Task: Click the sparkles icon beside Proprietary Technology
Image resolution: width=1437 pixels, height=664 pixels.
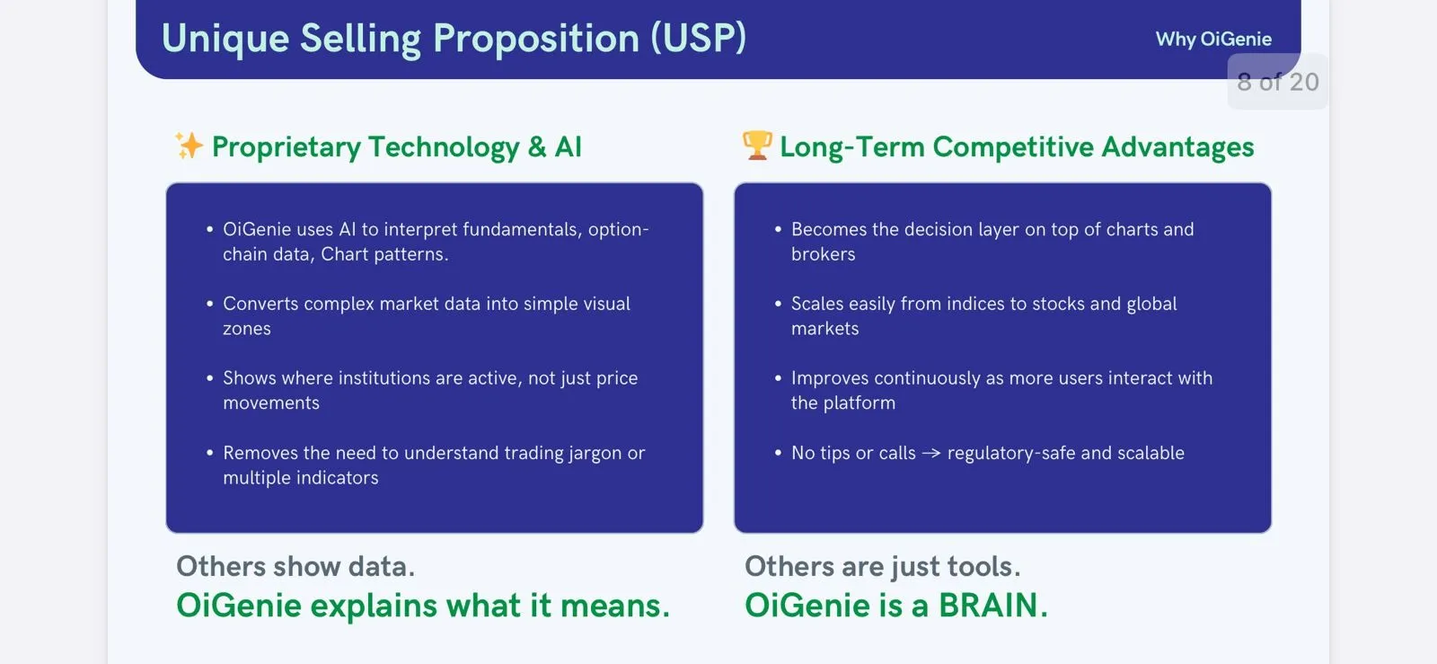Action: coord(189,146)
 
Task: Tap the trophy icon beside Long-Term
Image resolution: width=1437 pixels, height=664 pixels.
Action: coord(757,145)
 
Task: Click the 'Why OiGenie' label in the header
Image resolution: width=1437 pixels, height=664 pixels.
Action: coord(1213,40)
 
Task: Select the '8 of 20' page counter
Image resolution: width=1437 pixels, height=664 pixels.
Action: coord(1277,83)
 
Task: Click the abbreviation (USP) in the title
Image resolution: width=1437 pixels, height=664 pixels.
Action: coord(698,39)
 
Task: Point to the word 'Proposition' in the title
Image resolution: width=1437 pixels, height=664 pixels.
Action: coord(536,39)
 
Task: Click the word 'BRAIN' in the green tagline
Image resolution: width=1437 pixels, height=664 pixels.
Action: coord(988,606)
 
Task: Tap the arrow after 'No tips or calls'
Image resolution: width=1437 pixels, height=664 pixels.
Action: coord(931,454)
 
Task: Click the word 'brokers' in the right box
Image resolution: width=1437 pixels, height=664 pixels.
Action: coord(823,254)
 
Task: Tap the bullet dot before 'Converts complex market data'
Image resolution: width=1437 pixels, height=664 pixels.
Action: coord(209,305)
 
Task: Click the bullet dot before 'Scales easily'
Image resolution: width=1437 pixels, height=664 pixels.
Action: coord(778,305)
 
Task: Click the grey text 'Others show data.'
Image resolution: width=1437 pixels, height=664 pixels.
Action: coord(295,567)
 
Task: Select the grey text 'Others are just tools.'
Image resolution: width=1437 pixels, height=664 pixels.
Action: coord(882,567)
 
